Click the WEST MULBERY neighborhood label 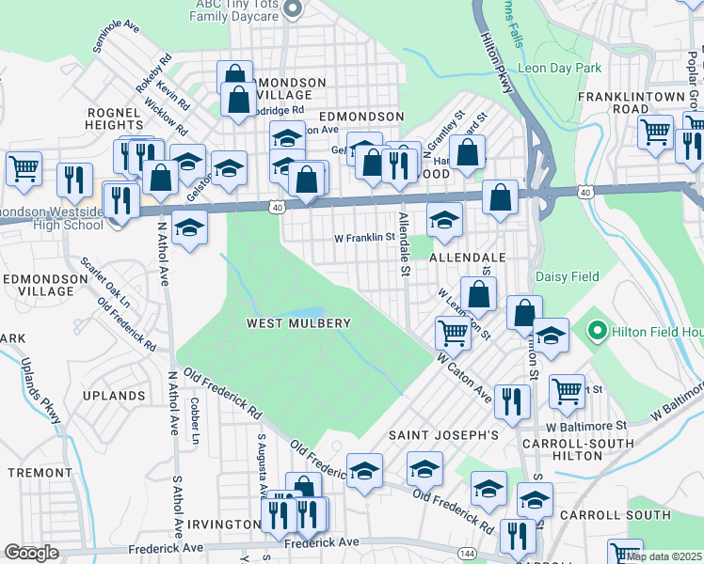[x=298, y=323]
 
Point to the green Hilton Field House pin [x=596, y=331]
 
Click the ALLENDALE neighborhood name [x=468, y=257]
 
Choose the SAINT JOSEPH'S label [x=443, y=436]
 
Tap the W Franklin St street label [x=363, y=238]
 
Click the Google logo [x=31, y=553]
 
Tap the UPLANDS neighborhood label [x=113, y=396]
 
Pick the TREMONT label [x=34, y=472]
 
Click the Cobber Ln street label [x=195, y=426]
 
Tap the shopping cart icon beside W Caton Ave [x=454, y=332]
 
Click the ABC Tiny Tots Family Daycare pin [x=292, y=10]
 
